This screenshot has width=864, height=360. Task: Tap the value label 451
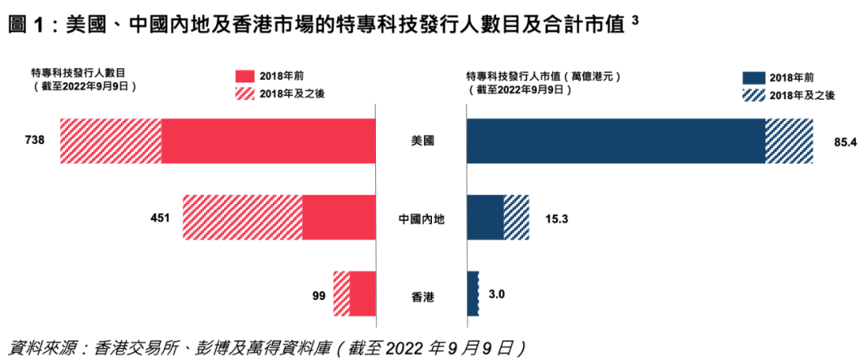(x=158, y=217)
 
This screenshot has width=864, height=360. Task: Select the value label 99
(x=318, y=294)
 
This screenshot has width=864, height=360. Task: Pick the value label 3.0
(x=497, y=294)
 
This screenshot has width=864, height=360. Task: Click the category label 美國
(x=421, y=142)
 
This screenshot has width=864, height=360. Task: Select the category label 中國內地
(x=421, y=218)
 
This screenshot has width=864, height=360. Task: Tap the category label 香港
(x=421, y=295)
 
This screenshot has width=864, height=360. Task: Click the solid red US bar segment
(x=269, y=141)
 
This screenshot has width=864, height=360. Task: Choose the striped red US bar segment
(x=111, y=141)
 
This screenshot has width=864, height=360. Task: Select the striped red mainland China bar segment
(x=242, y=218)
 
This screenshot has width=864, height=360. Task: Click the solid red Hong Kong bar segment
(x=363, y=294)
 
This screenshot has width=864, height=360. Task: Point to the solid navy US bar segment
(x=615, y=141)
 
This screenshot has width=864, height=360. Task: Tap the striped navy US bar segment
(x=789, y=141)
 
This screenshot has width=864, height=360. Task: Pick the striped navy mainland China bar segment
(x=516, y=218)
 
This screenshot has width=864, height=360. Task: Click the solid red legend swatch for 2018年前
(x=244, y=76)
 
